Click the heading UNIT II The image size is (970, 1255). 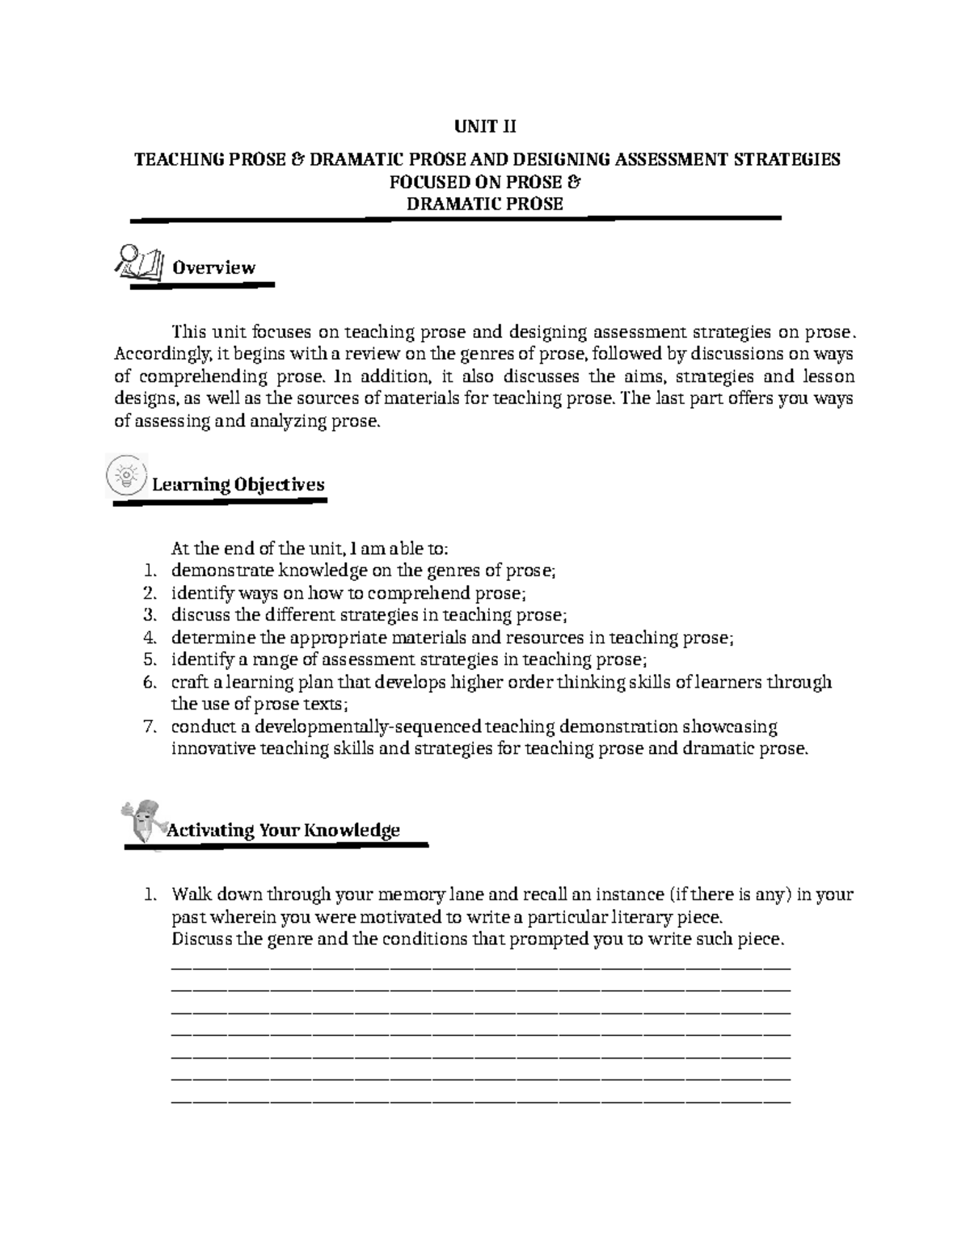coord(485,127)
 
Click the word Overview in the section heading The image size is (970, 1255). coord(213,267)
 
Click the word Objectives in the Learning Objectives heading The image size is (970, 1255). coord(280,484)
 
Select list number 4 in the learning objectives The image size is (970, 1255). coord(148,638)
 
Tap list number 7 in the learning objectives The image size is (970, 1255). coord(148,726)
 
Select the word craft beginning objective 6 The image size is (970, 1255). coord(188,682)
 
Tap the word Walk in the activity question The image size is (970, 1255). coord(188,895)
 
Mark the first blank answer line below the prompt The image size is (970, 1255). coord(482,967)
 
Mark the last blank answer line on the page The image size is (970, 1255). coord(482,1101)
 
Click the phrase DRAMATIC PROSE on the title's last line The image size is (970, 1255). coord(485,204)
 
